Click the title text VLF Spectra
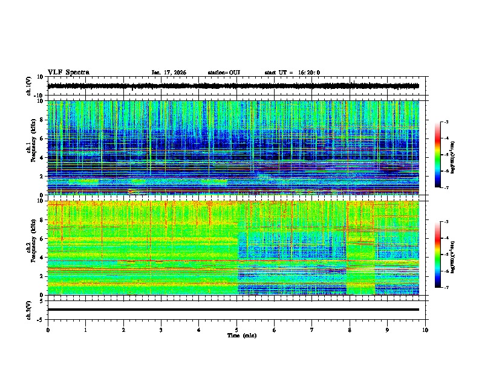click(68, 73)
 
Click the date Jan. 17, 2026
click(169, 73)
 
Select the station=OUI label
click(224, 73)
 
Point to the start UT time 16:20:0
click(292, 73)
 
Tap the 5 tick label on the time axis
click(236, 329)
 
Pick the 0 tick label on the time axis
click(48, 329)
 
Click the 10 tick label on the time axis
click(425, 329)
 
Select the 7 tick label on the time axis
click(312, 329)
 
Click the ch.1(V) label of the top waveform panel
click(29, 86)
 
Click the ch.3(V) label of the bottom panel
click(29, 310)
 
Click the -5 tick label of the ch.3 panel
click(41, 318)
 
